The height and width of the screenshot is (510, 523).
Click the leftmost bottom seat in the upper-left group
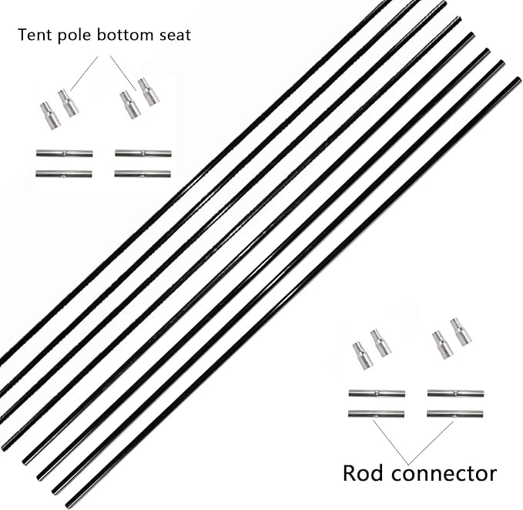(x=49, y=116)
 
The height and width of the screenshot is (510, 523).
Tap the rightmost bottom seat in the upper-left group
(x=148, y=92)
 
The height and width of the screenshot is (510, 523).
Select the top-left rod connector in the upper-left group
(x=64, y=153)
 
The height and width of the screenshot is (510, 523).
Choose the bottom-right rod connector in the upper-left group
(x=142, y=173)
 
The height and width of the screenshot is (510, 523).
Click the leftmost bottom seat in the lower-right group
(x=362, y=355)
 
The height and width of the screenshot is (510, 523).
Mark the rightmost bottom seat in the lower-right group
(x=460, y=331)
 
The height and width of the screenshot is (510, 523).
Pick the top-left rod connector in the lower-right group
(x=376, y=393)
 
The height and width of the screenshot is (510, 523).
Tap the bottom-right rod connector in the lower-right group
(x=454, y=414)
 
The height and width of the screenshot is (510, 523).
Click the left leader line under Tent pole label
(x=84, y=73)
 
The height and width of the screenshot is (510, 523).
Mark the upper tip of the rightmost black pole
(x=518, y=79)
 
